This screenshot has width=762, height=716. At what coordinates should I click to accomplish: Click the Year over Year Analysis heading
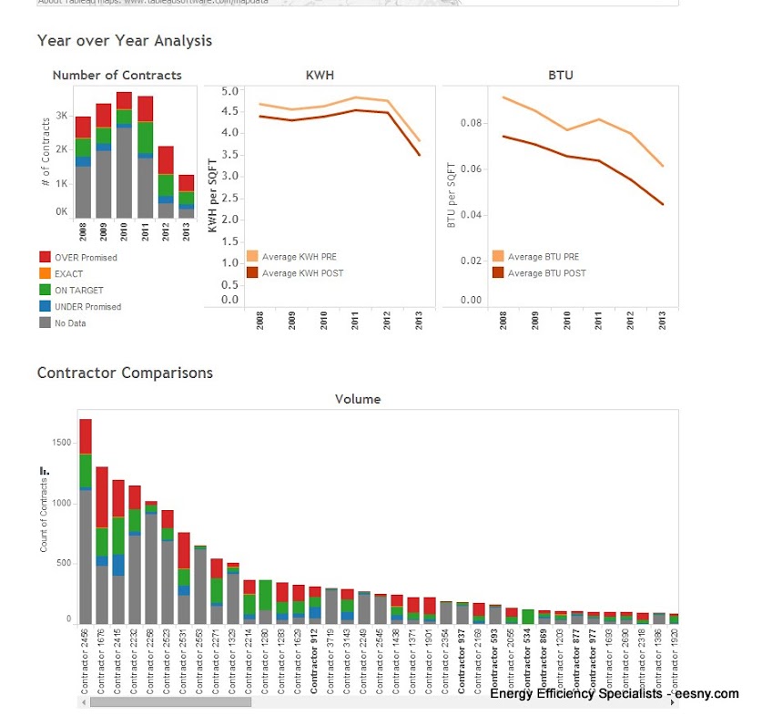pyautogui.click(x=124, y=41)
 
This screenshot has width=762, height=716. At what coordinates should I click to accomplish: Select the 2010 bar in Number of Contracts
pyautogui.click(x=124, y=155)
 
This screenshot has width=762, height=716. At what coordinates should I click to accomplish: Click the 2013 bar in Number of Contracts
pyautogui.click(x=186, y=196)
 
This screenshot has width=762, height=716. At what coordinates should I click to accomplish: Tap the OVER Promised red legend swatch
pyautogui.click(x=45, y=258)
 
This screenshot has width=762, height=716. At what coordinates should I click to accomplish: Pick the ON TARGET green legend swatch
pyautogui.click(x=45, y=291)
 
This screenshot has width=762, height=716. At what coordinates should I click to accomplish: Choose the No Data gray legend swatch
pyautogui.click(x=45, y=323)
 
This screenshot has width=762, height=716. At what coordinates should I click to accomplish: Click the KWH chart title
pyautogui.click(x=317, y=76)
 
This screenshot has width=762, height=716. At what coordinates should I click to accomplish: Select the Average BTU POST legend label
pyautogui.click(x=546, y=273)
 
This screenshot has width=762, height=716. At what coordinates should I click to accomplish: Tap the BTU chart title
pyautogui.click(x=561, y=76)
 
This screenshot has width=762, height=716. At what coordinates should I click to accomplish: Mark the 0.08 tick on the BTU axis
pyautogui.click(x=470, y=123)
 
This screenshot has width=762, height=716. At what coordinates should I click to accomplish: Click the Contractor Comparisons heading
pyautogui.click(x=125, y=373)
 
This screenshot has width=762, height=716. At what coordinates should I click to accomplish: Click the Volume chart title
pyautogui.click(x=358, y=399)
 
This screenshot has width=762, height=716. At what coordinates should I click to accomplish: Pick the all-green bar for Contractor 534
pyautogui.click(x=528, y=617)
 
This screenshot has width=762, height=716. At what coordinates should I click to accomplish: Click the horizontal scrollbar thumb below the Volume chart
pyautogui.click(x=169, y=702)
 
